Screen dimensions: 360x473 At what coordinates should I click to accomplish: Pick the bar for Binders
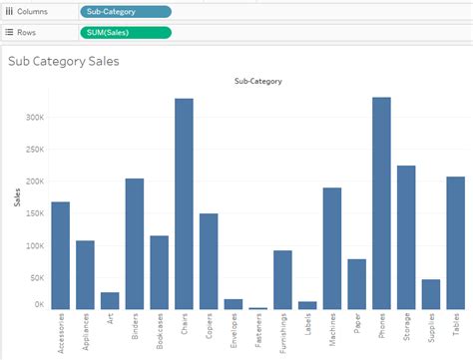[135, 243]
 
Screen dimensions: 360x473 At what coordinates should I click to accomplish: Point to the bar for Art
[110, 300]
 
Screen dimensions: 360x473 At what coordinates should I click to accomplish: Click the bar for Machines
[331, 248]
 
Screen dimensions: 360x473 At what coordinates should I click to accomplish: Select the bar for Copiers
[209, 261]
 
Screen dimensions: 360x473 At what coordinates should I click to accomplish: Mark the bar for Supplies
[431, 294]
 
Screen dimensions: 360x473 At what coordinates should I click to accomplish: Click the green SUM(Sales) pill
[125, 32]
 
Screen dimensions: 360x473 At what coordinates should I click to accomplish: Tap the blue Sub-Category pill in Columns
[125, 11]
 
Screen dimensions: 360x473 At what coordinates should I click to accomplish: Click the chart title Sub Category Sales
[64, 61]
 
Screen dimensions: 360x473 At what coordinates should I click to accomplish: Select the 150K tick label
[34, 213]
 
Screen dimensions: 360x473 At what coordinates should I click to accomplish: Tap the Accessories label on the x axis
[61, 334]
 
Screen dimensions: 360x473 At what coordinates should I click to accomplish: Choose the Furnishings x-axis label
[282, 334]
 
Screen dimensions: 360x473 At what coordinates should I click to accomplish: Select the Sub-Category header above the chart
[257, 81]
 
